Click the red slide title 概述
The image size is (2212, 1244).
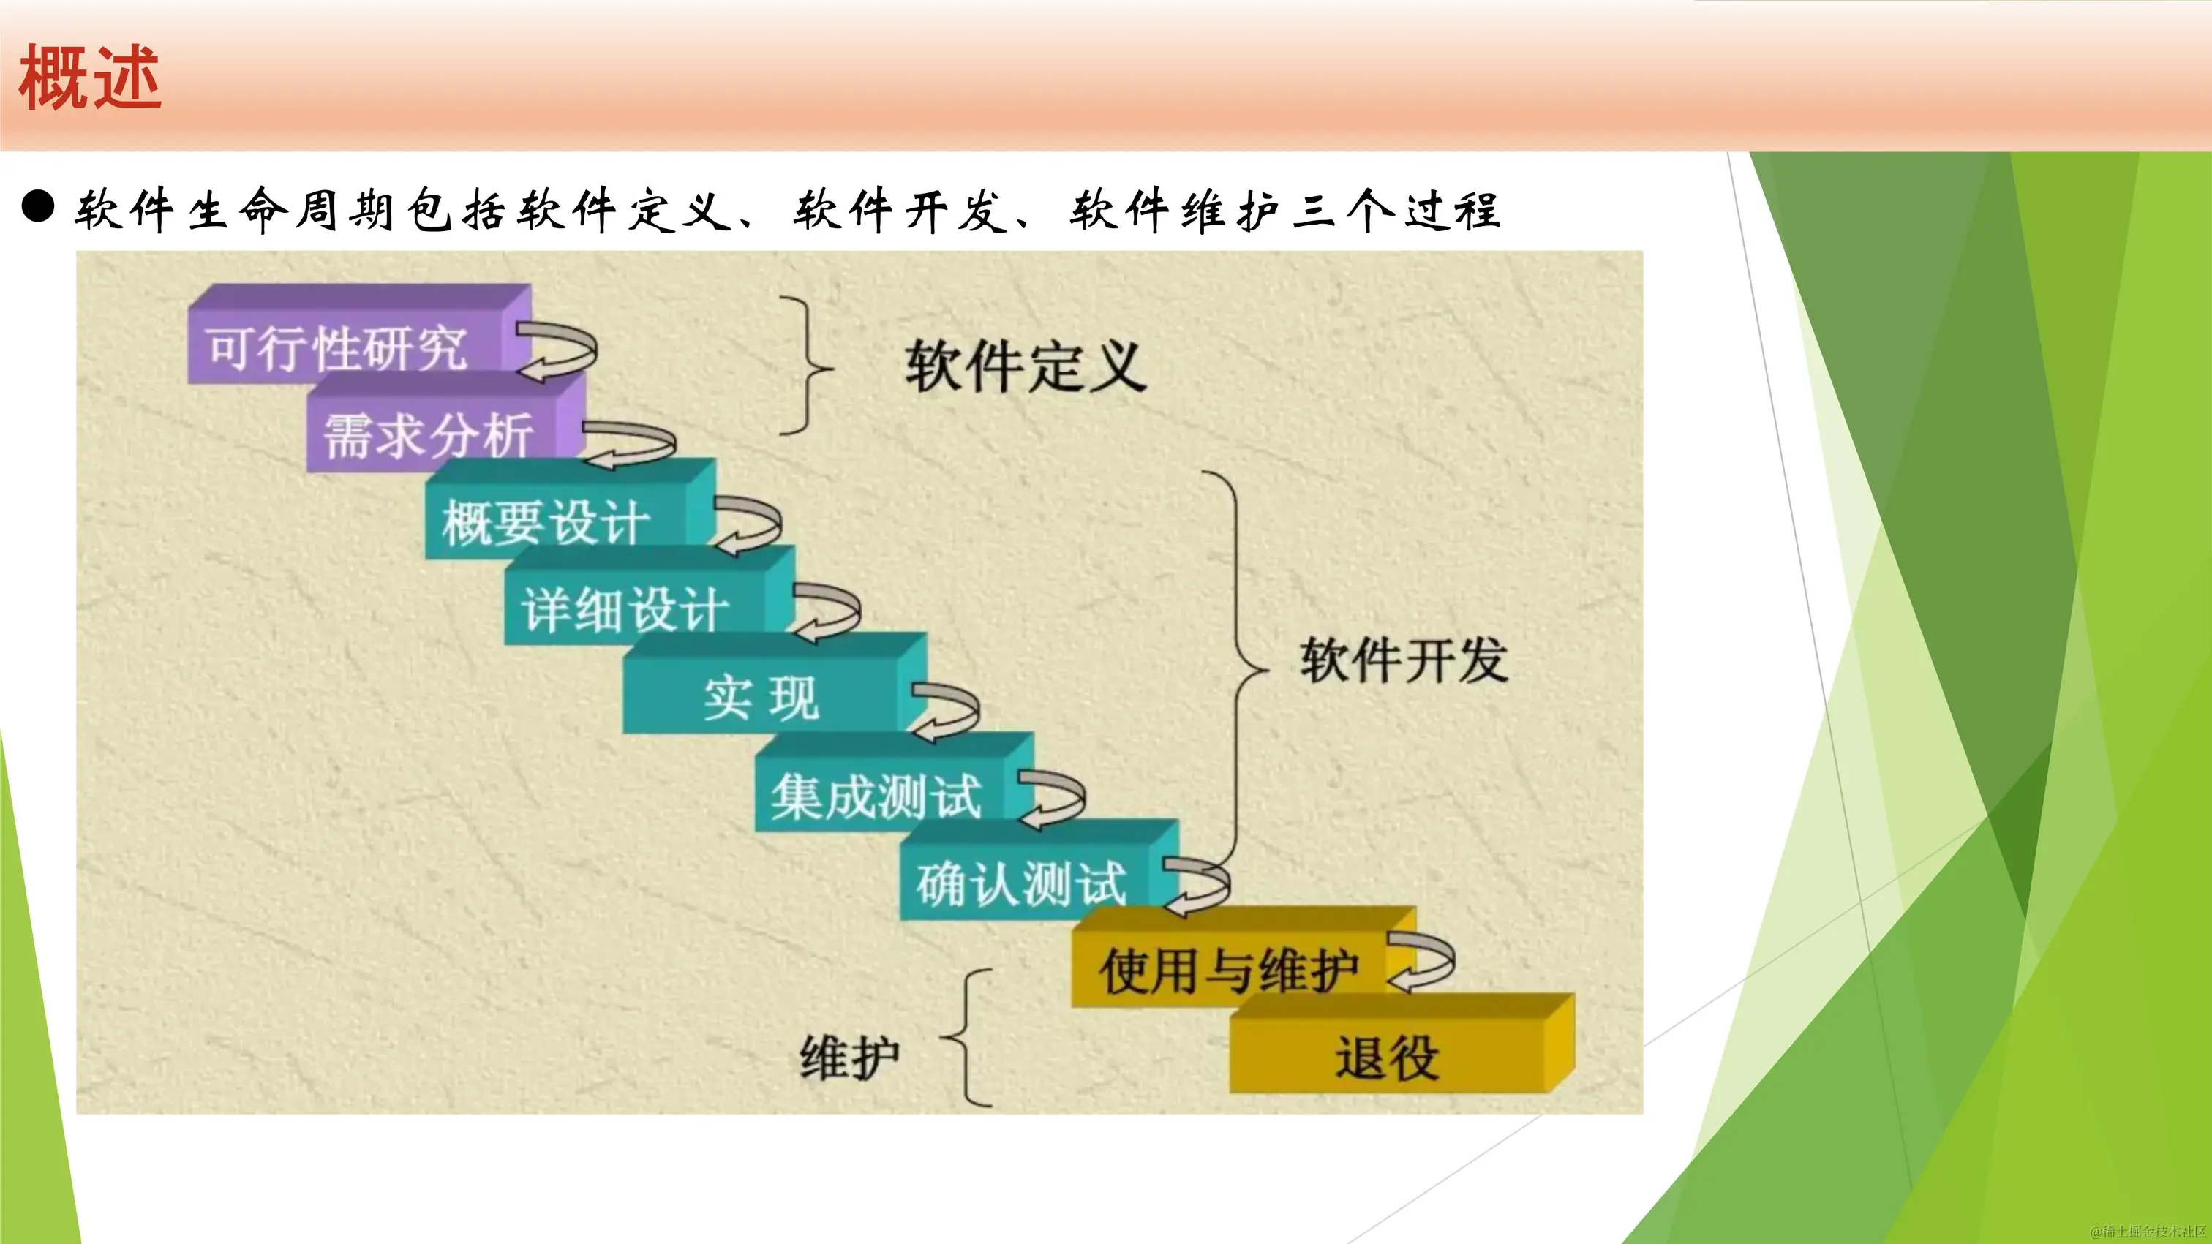90,78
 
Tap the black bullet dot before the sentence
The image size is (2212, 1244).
38,207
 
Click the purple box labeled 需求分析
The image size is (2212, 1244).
429,434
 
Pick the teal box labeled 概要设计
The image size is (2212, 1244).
546,521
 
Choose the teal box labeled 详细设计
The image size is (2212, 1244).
625,609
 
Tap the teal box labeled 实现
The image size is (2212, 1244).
761,696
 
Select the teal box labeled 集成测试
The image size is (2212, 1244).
876,795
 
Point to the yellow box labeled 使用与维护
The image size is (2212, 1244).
1228,970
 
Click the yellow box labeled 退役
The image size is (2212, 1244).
1387,1057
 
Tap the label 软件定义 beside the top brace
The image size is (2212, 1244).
1026,366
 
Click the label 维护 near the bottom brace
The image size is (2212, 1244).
849,1057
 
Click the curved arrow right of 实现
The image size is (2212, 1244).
944,711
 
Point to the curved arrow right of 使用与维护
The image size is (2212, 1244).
1422,963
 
